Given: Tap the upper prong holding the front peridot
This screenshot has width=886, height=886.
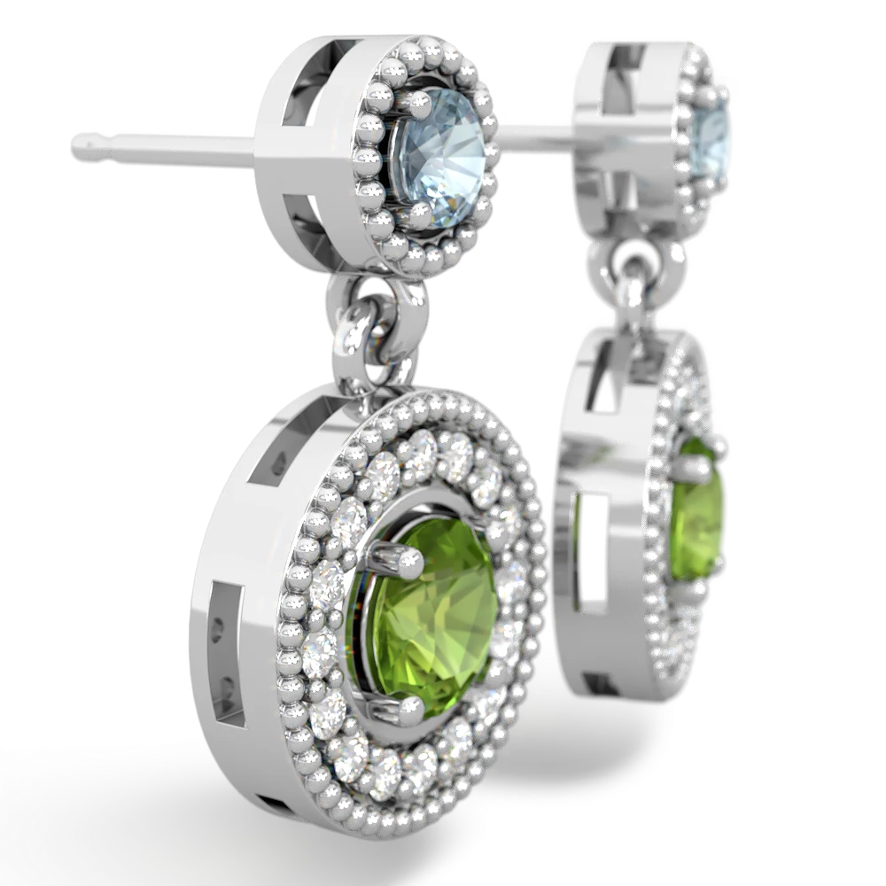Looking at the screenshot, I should click(x=404, y=557).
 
